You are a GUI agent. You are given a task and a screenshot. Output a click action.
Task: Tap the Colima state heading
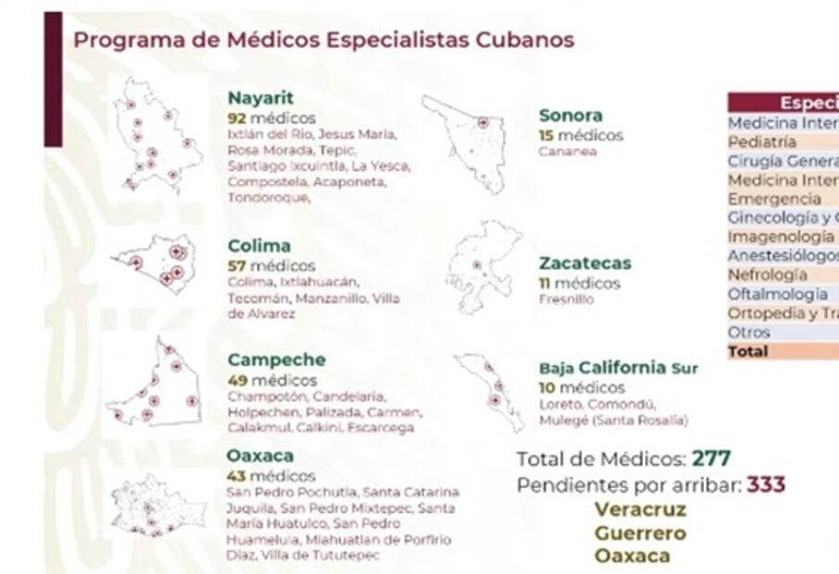(x=259, y=246)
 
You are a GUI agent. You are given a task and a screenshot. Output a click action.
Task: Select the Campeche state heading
(x=277, y=359)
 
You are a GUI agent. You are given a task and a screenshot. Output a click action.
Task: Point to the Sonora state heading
(x=570, y=116)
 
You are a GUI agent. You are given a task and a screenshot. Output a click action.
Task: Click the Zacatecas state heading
(x=585, y=264)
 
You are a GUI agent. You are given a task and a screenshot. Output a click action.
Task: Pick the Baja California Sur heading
(x=619, y=368)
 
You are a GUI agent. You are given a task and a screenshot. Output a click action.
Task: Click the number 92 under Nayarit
(x=237, y=119)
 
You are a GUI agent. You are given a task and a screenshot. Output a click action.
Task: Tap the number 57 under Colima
(x=237, y=266)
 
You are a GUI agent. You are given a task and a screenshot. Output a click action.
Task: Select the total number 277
(x=712, y=458)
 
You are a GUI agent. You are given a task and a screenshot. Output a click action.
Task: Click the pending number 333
(x=766, y=484)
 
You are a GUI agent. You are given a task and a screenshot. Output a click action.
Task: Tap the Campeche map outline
(x=157, y=388)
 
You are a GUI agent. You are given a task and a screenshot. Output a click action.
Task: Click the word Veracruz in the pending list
(x=640, y=509)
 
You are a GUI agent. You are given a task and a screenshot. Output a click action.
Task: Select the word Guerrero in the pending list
(x=640, y=533)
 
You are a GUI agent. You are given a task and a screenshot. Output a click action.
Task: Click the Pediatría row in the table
(x=761, y=143)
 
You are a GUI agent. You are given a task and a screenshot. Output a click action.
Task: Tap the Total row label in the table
(x=748, y=352)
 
